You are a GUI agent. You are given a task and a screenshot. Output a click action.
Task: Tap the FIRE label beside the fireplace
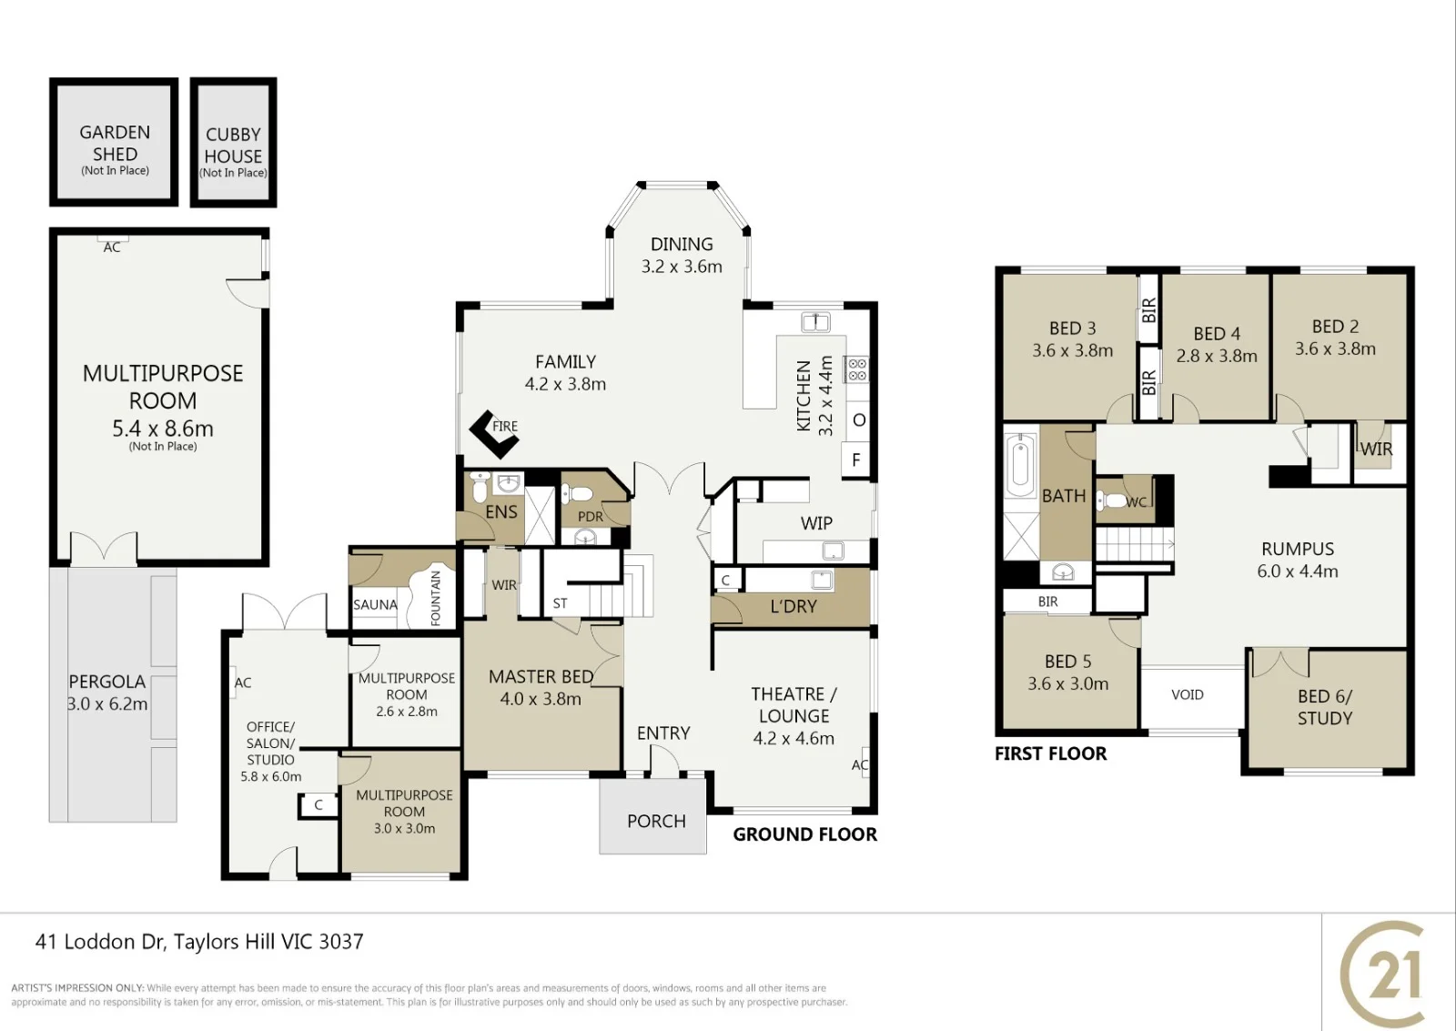[505, 427]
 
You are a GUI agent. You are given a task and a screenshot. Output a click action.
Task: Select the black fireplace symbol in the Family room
[494, 435]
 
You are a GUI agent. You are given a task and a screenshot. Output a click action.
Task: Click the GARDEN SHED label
[115, 143]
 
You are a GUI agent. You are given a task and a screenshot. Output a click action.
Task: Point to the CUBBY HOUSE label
[233, 145]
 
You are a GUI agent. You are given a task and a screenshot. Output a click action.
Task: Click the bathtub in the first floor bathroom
[1020, 465]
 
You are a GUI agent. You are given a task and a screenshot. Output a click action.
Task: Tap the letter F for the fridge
[856, 460]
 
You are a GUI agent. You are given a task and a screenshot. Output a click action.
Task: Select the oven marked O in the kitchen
[859, 419]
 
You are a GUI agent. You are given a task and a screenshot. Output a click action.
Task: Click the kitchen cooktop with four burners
[857, 369]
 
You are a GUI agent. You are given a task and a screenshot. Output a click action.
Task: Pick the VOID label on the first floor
[1188, 695]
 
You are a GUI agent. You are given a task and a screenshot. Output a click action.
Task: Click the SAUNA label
[375, 604]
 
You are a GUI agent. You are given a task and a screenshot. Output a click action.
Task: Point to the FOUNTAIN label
[436, 598]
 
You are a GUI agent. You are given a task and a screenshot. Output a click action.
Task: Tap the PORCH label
[656, 821]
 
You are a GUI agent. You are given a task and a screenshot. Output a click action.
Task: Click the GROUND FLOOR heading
[804, 834]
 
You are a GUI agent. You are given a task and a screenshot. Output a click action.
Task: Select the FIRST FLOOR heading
[1050, 753]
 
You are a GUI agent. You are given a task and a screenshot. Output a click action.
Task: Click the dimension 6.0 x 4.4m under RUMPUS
[1298, 571]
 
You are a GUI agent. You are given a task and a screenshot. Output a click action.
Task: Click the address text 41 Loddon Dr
[101, 941]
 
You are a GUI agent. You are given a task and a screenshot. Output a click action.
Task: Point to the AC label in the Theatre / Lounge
[860, 765]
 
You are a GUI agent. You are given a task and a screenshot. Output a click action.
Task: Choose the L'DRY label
[794, 607]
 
